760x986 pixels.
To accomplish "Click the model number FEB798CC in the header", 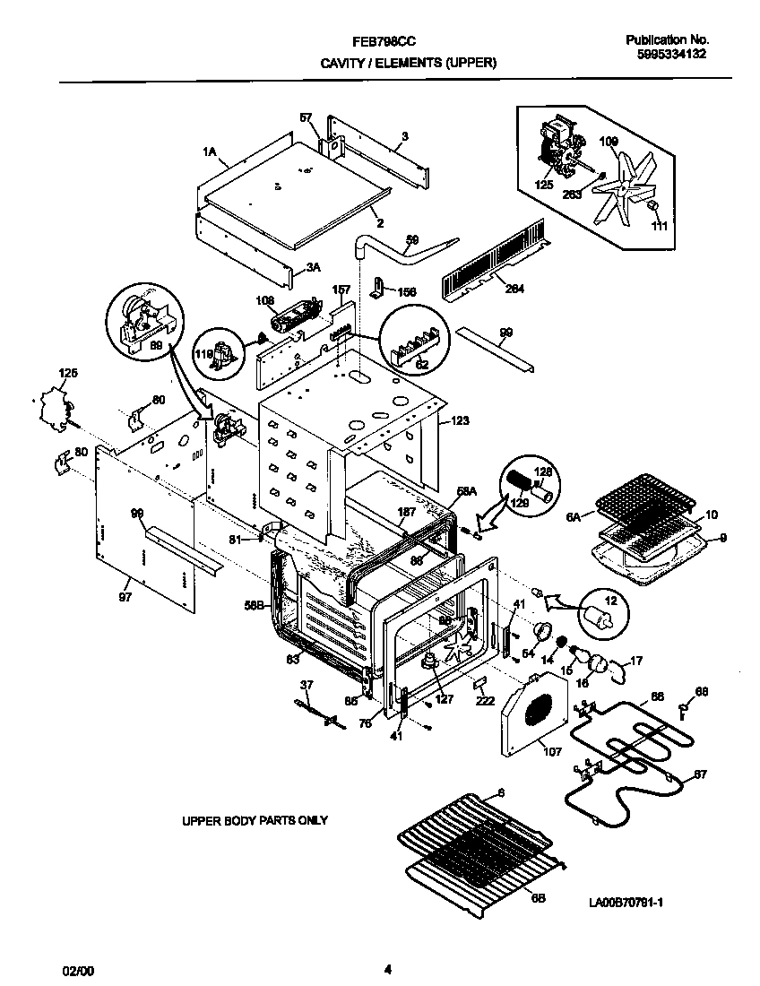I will (x=383, y=41).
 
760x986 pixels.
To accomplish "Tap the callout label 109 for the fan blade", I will (x=609, y=141).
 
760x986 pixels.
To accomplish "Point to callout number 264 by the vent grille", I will (x=514, y=289).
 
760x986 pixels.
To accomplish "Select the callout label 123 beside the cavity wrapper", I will (x=460, y=419).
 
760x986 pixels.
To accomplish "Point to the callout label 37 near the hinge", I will (x=307, y=685).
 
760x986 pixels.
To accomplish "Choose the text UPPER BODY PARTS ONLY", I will (x=255, y=820).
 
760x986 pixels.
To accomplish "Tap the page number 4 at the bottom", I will (x=387, y=969).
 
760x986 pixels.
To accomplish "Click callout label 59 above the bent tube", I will (x=411, y=239).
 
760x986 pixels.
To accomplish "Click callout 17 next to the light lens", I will (x=636, y=661).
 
